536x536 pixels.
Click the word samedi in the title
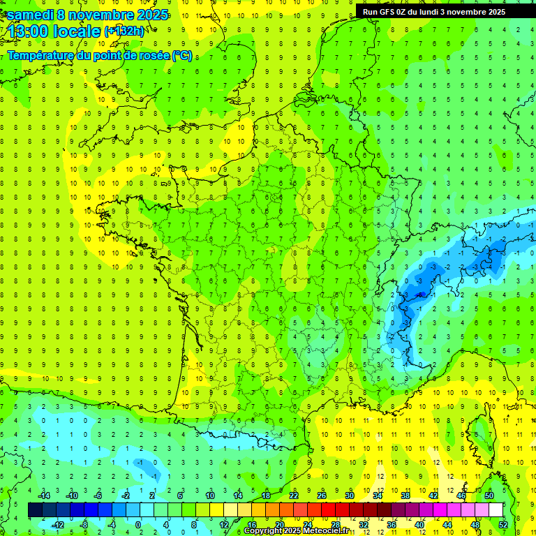click(x=31, y=14)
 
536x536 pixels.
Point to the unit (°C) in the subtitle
click(x=181, y=55)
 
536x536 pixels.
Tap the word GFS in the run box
click(x=391, y=12)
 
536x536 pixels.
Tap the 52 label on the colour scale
click(x=503, y=525)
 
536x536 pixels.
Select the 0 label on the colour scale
click(x=138, y=525)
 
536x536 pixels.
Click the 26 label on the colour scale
click(x=322, y=496)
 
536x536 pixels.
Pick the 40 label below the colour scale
click(x=419, y=525)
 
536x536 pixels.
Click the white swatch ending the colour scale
click(x=496, y=510)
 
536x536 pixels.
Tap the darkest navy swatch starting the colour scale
click(x=36, y=510)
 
